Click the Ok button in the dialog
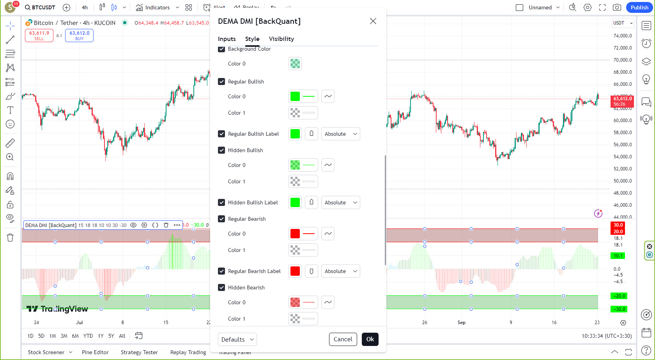pos(370,339)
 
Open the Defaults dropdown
pos(237,339)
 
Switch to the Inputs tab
pos(227,39)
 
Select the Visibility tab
pos(281,39)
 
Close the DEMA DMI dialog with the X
pos(373,21)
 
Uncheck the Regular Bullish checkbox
pos(221,82)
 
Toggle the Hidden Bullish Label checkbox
pos(221,202)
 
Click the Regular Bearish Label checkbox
pos(221,271)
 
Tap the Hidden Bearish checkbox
pos(221,287)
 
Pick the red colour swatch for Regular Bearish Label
pos(295,271)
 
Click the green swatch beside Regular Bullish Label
pos(295,134)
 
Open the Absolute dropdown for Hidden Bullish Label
pos(340,202)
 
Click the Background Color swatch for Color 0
pos(295,64)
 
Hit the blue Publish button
pos(639,7)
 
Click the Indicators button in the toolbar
pos(153,7)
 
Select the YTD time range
pos(88,336)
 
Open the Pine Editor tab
pos(95,352)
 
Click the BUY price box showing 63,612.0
pos(79,35)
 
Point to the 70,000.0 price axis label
pos(623,60)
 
